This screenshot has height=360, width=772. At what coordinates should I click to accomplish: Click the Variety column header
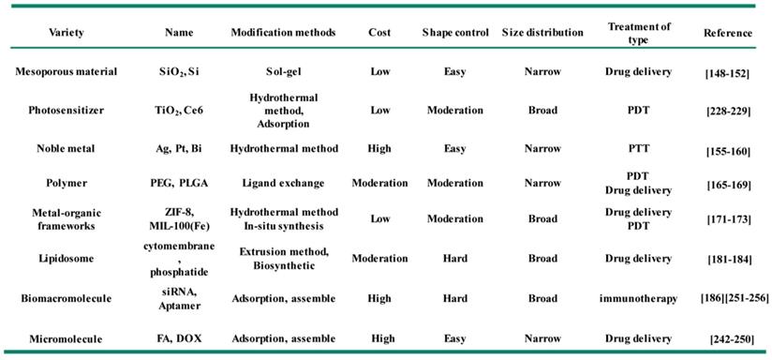66,33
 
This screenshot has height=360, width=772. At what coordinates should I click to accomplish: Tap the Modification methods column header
283,33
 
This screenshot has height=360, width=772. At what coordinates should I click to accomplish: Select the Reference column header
728,33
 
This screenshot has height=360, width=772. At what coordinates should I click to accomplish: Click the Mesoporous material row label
66,71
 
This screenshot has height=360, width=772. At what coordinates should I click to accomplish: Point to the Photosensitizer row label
66,111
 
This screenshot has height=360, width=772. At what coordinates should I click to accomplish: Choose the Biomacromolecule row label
66,298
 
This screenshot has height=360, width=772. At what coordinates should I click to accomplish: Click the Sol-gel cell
283,72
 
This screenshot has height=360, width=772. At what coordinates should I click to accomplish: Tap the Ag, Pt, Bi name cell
179,148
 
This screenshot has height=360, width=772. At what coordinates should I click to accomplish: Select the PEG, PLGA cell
179,183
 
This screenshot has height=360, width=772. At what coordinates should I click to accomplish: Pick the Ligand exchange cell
283,183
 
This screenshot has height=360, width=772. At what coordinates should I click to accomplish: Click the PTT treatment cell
639,148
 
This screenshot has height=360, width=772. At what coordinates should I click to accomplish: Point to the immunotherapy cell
639,298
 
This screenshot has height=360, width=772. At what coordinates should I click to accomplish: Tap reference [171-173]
728,219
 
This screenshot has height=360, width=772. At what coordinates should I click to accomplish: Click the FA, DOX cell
179,338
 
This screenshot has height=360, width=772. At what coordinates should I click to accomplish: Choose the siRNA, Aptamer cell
179,299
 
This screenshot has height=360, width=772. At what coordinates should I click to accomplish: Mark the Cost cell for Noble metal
379,148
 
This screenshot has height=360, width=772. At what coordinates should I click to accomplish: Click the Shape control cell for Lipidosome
455,259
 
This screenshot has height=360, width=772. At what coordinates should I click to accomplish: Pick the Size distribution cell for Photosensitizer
542,111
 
